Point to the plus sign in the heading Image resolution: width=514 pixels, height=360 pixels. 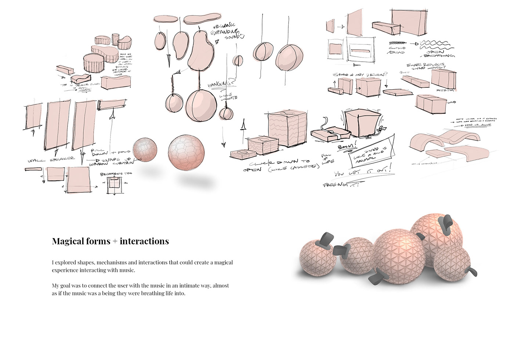115,242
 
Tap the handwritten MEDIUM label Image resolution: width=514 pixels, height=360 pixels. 445,90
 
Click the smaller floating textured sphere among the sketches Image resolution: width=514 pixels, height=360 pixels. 145,150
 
